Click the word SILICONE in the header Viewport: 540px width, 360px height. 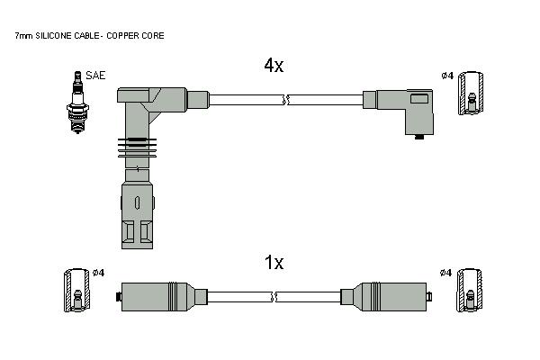[x=53, y=35]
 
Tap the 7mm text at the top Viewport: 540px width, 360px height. [x=23, y=35]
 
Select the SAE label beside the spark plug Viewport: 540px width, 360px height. [x=95, y=76]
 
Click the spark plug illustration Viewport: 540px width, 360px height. [x=77, y=103]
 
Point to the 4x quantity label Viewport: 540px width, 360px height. [x=274, y=65]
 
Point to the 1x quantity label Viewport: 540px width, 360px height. [x=274, y=263]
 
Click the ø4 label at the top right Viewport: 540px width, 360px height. [x=447, y=76]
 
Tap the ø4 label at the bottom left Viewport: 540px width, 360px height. [x=98, y=273]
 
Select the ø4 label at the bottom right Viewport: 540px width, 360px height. [x=445, y=273]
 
